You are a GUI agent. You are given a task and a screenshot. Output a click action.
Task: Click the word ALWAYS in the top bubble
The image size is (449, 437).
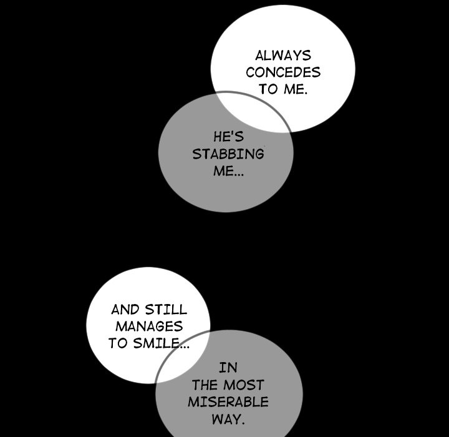pos(282,56)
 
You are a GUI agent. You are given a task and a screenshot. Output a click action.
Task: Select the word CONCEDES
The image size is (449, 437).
pos(282,72)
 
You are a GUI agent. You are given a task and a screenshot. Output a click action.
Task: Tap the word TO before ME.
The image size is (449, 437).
pos(268,89)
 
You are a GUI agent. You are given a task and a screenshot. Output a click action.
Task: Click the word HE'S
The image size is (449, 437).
pos(228,137)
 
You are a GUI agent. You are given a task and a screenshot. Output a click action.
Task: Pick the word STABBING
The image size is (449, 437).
pos(228,154)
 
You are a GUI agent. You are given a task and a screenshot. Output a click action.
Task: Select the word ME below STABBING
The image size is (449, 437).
pos(222,170)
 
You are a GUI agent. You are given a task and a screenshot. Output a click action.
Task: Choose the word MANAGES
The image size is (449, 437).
pos(148,326)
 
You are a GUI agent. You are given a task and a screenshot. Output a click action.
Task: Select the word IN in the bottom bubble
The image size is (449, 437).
pos(228,368)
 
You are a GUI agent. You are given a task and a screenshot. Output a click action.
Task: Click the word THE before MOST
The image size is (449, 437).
pos(205,385)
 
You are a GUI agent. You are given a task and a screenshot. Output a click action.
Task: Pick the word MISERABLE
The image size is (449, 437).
pos(228,401)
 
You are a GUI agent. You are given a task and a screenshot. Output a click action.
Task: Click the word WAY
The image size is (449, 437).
pos(227,418)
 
